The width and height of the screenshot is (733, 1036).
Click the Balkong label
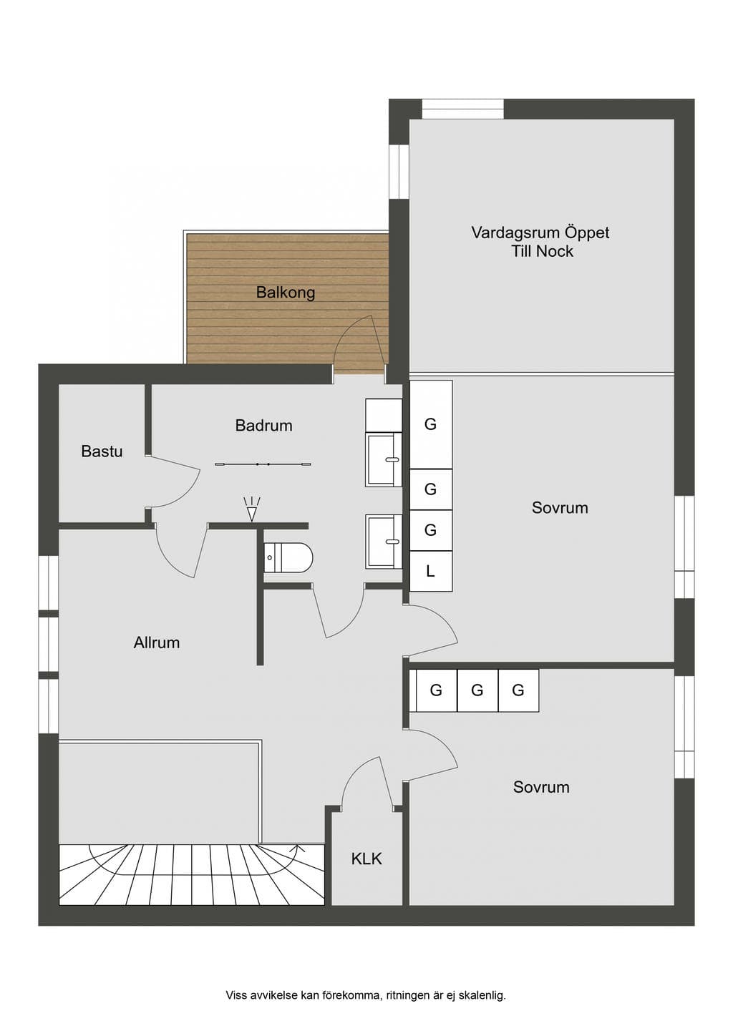[x=286, y=293]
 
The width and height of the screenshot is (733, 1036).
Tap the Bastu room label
[x=102, y=451]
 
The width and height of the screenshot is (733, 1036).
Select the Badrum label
[x=263, y=425]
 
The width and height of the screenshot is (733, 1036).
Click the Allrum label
[x=157, y=642]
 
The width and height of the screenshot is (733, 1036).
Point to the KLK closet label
[x=366, y=859]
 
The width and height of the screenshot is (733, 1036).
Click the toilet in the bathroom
[x=288, y=557]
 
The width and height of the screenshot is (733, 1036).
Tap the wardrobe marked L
[x=431, y=571]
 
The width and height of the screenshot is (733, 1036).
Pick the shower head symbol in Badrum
[x=251, y=509]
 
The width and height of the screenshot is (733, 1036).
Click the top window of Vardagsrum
[x=462, y=109]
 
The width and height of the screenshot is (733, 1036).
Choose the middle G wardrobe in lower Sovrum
[x=477, y=690]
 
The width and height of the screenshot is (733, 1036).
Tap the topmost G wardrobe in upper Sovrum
[x=431, y=424]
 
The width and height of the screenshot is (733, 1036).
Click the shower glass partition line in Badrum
[x=263, y=464]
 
